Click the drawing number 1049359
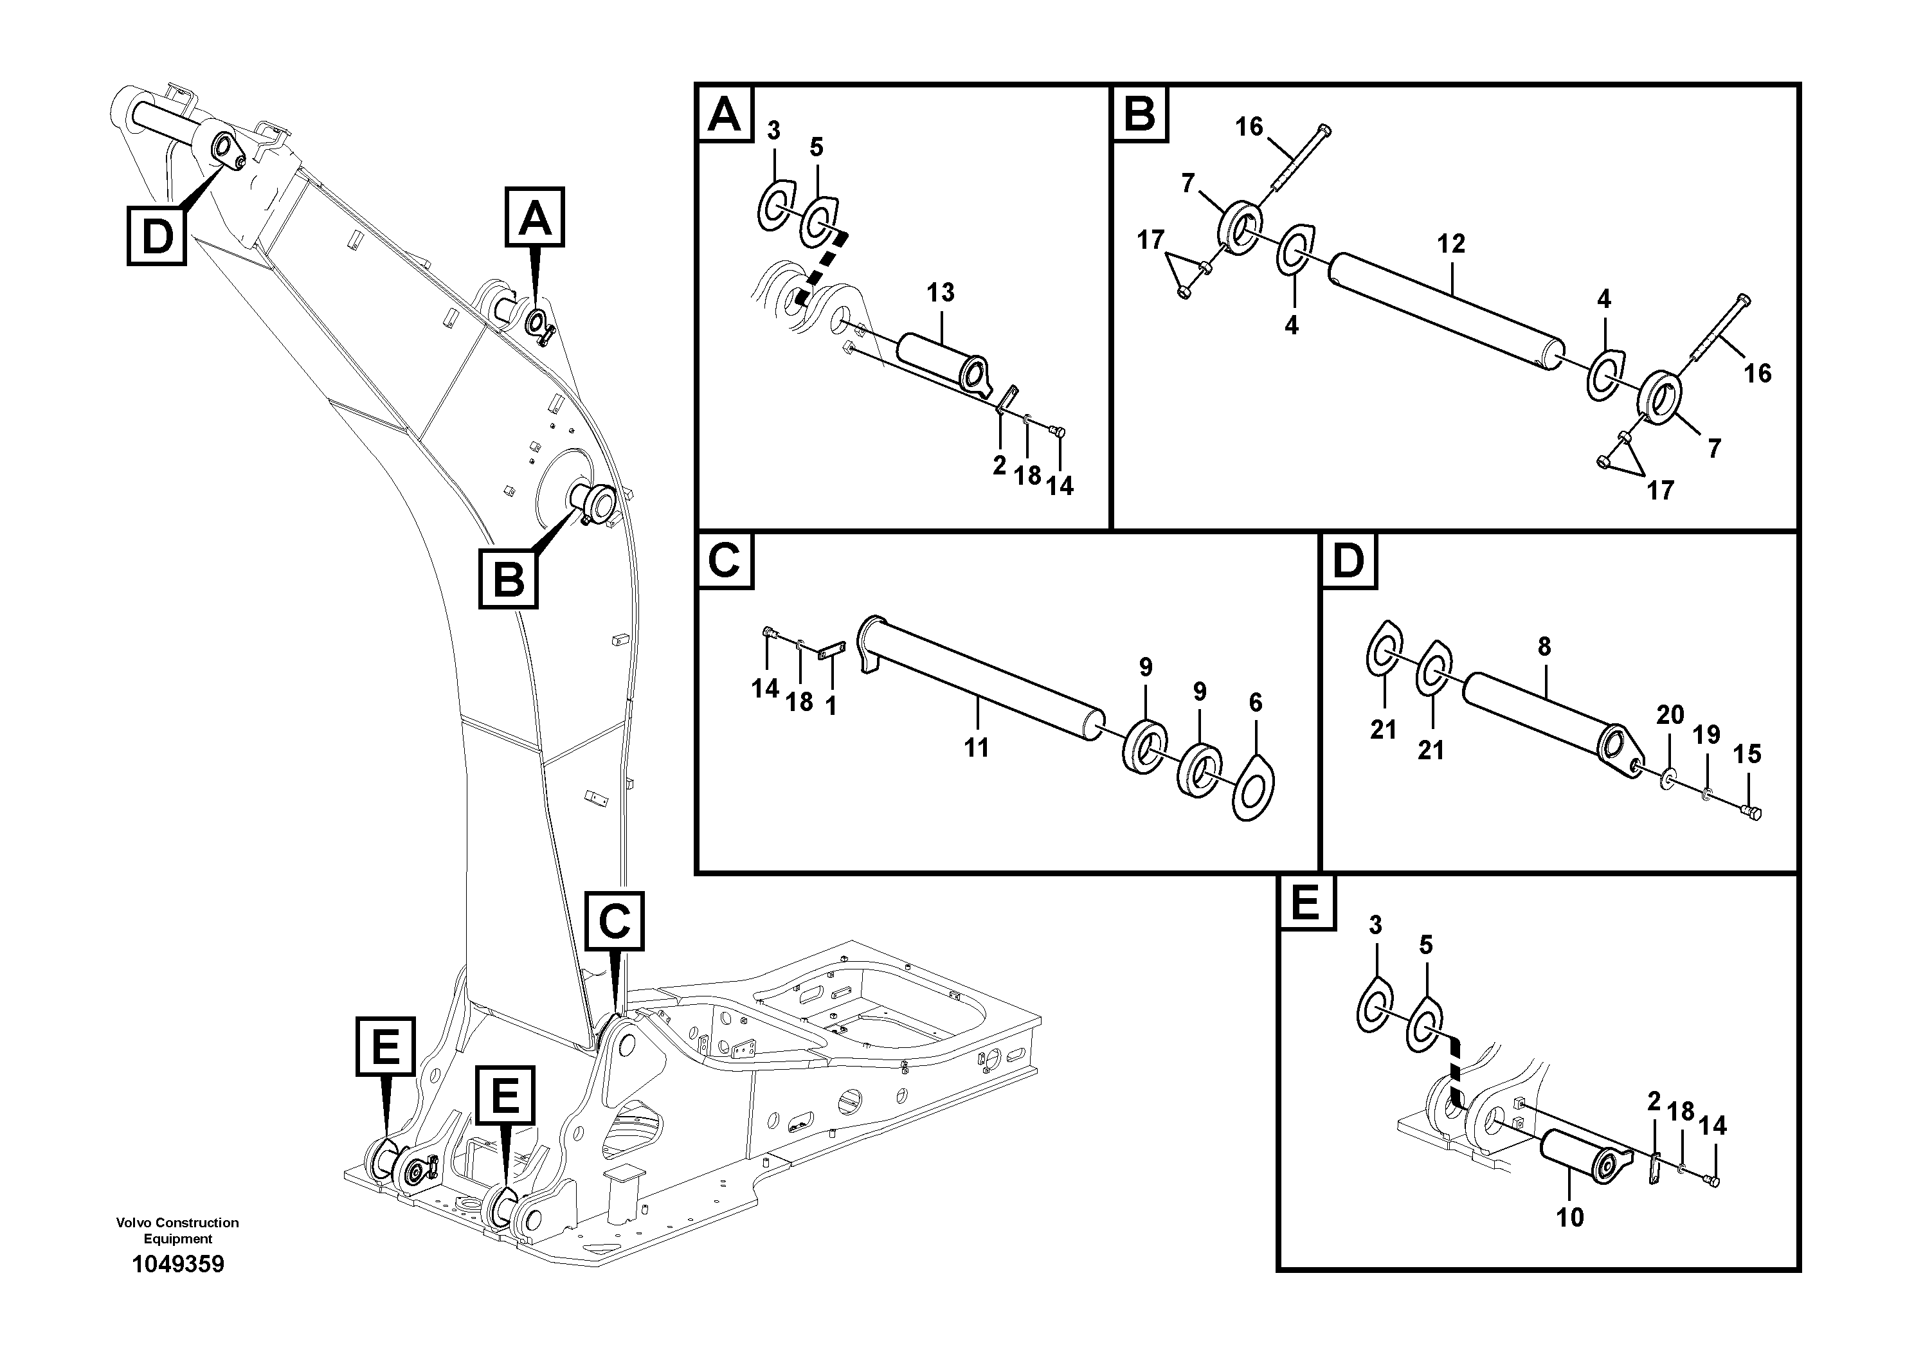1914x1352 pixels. click(x=177, y=1265)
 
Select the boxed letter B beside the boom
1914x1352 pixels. click(x=509, y=579)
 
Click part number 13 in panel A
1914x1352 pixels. click(x=941, y=293)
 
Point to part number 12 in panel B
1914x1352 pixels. click(x=1450, y=244)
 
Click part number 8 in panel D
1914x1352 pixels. click(x=1544, y=646)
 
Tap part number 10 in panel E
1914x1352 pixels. click(x=1570, y=1218)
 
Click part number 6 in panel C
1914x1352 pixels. click(x=1256, y=703)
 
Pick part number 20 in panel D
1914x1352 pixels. click(x=1670, y=714)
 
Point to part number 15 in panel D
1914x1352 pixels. click(x=1747, y=754)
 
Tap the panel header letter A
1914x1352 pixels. click(x=723, y=114)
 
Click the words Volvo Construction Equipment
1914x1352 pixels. click(x=177, y=1230)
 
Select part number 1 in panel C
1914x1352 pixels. click(x=830, y=707)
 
